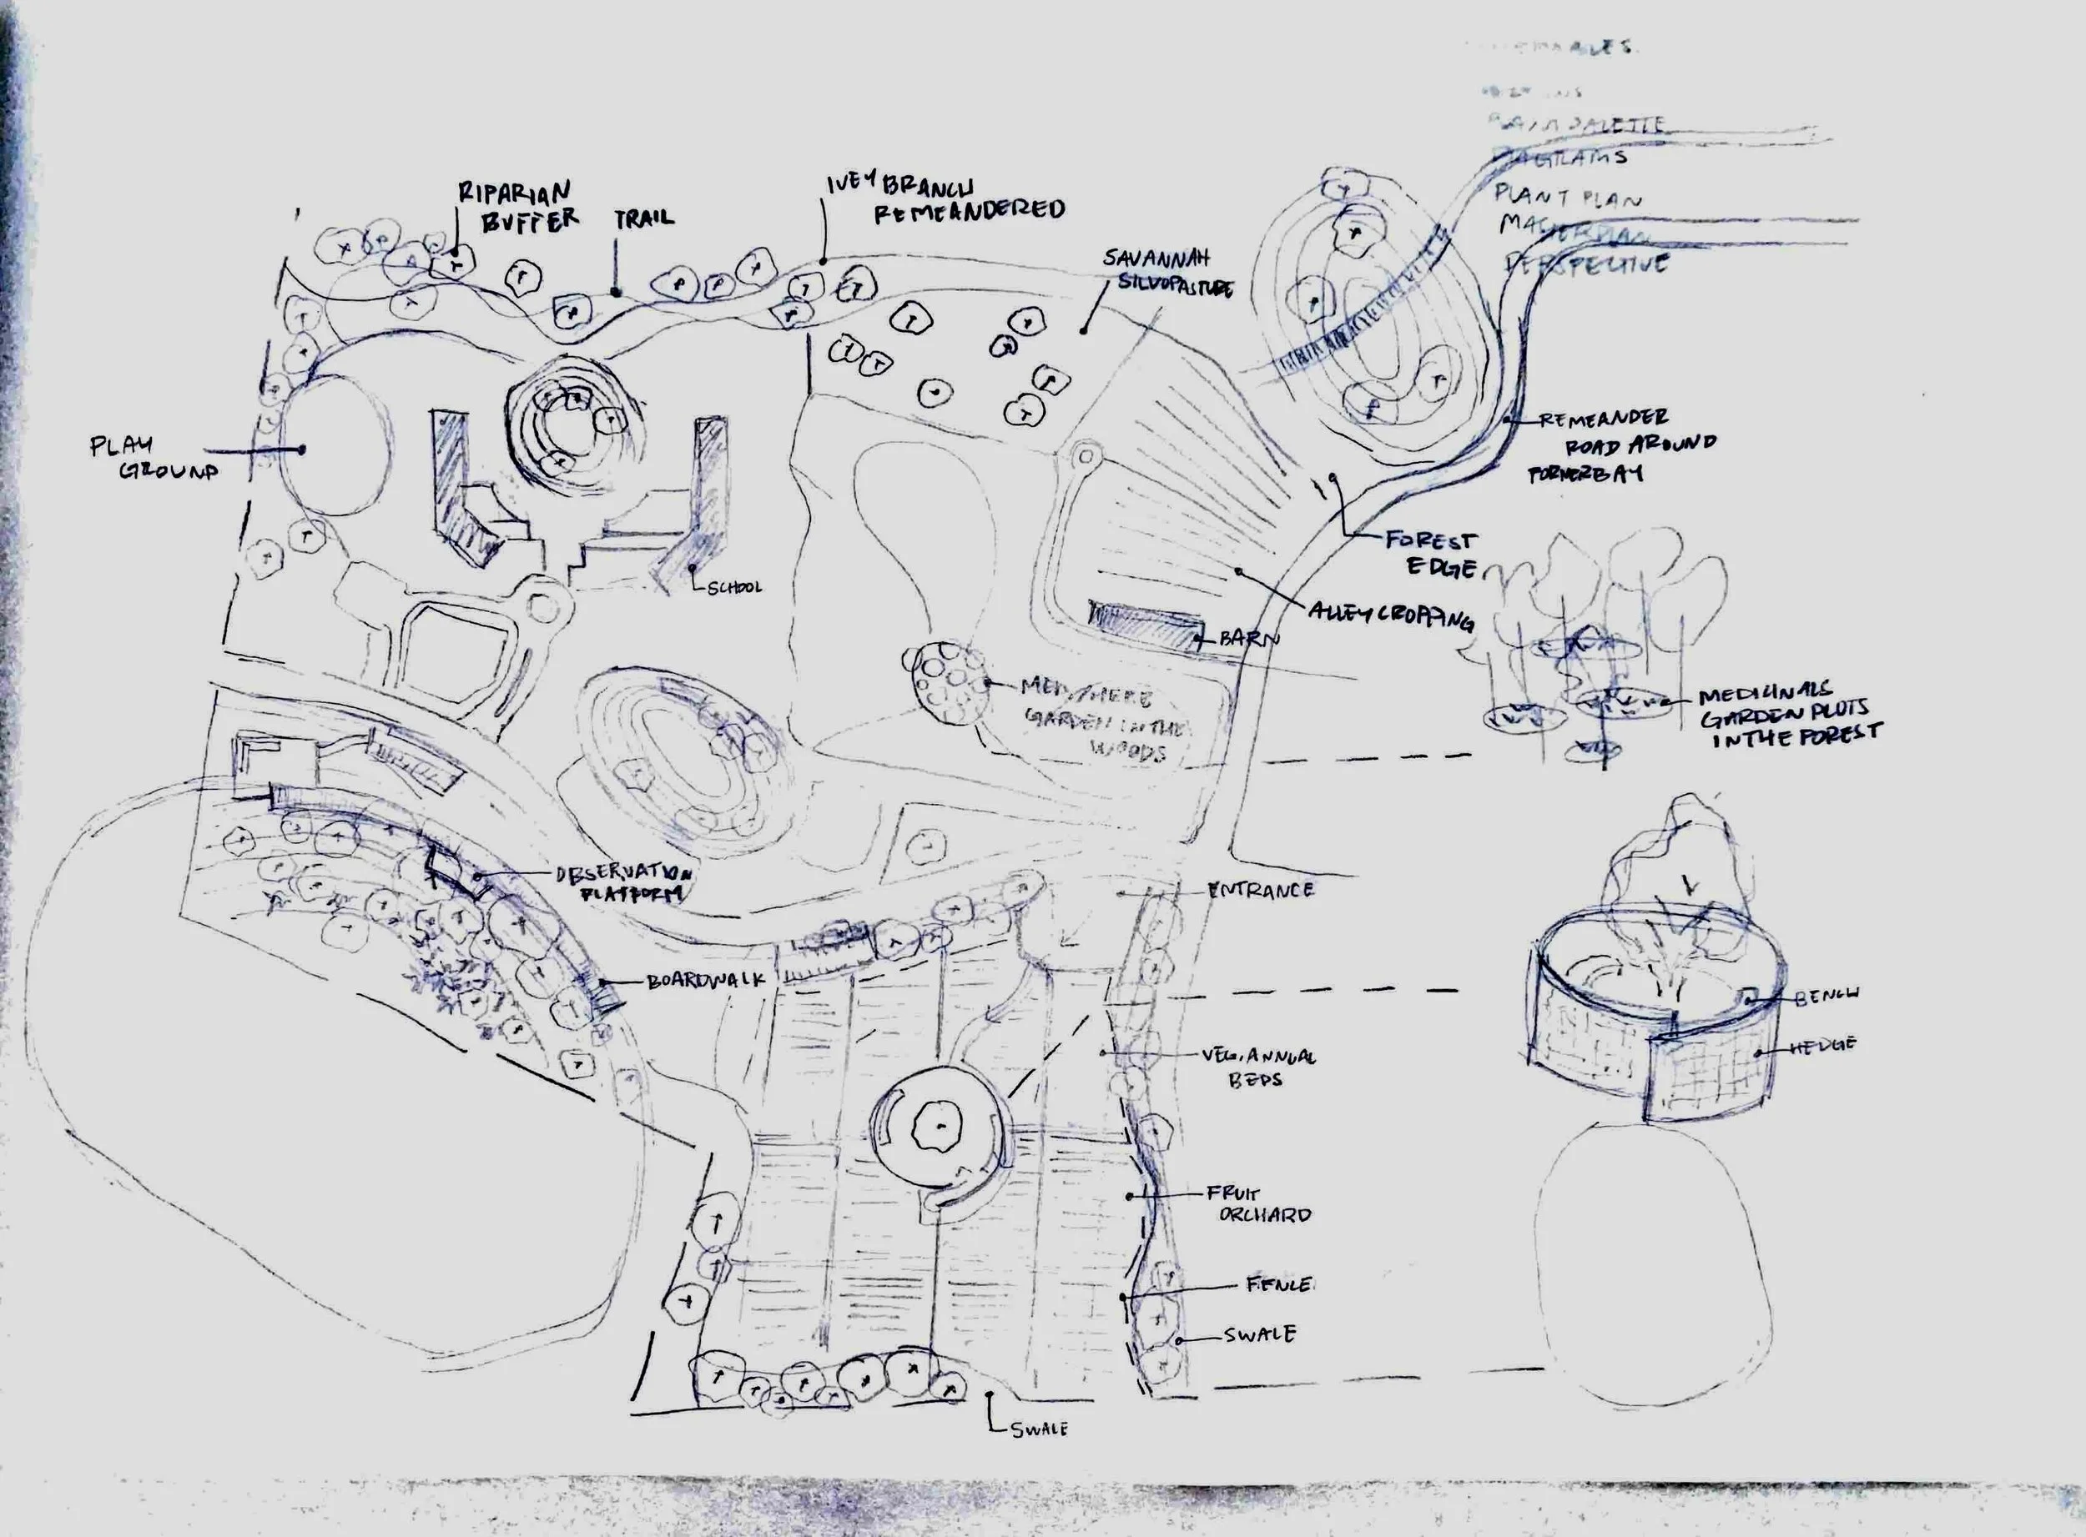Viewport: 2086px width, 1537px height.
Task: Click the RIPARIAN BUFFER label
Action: [517, 206]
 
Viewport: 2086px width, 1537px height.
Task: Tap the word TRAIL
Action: [643, 219]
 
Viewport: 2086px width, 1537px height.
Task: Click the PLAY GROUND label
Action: [154, 458]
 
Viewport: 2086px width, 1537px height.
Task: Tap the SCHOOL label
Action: [734, 587]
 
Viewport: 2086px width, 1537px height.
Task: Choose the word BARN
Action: [1249, 639]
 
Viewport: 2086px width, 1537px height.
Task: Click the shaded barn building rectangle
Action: [1144, 625]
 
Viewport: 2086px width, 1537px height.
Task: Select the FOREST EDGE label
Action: [1430, 553]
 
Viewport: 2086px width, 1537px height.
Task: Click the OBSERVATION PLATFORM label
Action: [623, 884]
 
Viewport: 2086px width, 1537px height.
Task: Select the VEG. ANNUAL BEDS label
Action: [1257, 1068]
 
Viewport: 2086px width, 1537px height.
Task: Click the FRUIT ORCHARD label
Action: [1258, 1204]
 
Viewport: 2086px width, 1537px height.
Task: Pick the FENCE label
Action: [1278, 1285]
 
